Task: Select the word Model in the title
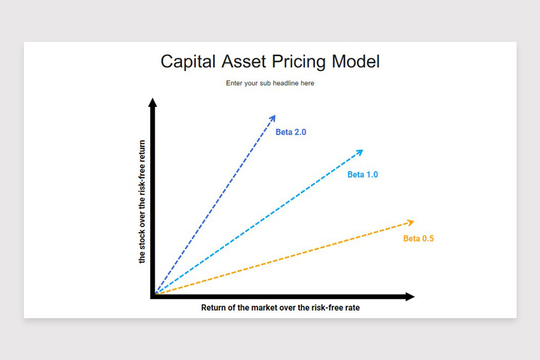[x=355, y=61]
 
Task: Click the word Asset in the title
[x=243, y=61]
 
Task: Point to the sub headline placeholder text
[x=270, y=83]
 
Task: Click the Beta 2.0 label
[x=291, y=133]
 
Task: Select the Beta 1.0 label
[x=363, y=175]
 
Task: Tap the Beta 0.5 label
[x=418, y=238]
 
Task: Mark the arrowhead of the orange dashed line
[x=410, y=221]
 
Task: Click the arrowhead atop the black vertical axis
[x=153, y=103]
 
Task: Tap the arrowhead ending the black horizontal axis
[x=409, y=297]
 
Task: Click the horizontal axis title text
[x=280, y=308]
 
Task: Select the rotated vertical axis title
[x=142, y=202]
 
